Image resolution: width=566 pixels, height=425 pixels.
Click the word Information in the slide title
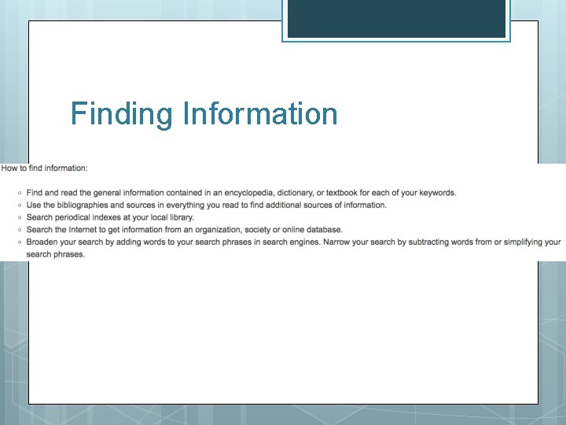pyautogui.click(x=259, y=114)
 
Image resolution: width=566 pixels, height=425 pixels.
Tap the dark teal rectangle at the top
pyautogui.click(x=396, y=19)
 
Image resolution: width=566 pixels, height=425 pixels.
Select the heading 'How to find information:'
pyautogui.click(x=45, y=168)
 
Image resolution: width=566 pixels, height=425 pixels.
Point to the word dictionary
pyautogui.click(x=322, y=193)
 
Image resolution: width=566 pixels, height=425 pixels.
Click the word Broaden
pyautogui.click(x=42, y=242)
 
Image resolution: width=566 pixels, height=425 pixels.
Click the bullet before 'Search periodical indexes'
pyautogui.click(x=18, y=217)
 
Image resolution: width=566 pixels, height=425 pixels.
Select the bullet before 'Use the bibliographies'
pyautogui.click(x=18, y=205)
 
